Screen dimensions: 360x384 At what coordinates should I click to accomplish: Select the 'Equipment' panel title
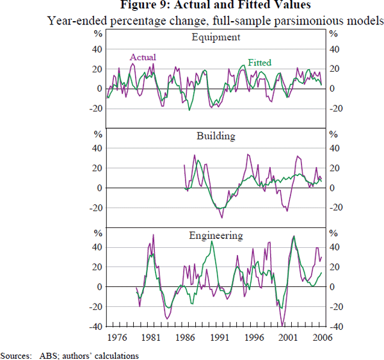pyautogui.click(x=216, y=37)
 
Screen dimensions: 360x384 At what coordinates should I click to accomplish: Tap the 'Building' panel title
pyautogui.click(x=216, y=136)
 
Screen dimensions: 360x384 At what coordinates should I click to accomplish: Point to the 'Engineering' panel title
pyautogui.click(x=216, y=235)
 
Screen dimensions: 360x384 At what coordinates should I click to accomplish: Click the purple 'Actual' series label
pyautogui.click(x=143, y=58)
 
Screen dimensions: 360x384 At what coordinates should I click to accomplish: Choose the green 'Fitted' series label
pyautogui.click(x=259, y=63)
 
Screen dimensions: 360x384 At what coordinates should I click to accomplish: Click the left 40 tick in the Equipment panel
pyautogui.click(x=98, y=49)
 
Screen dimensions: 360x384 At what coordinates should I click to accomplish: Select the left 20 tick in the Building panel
pyautogui.click(x=98, y=168)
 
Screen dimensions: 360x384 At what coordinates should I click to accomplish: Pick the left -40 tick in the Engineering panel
pyautogui.click(x=96, y=327)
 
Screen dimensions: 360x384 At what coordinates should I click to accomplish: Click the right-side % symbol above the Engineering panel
pyautogui.click(x=332, y=233)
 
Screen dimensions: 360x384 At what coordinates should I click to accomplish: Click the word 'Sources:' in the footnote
pyautogui.click(x=17, y=354)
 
